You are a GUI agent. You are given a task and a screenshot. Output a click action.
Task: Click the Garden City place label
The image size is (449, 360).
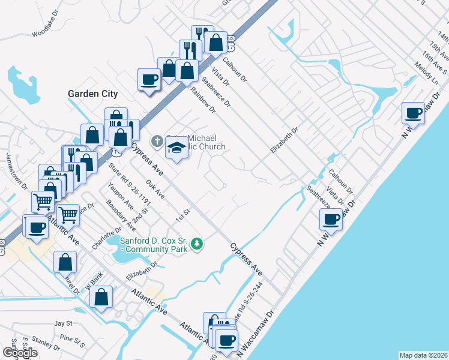click(x=92, y=94)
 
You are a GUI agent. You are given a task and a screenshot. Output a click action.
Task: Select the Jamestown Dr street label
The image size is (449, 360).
click(x=16, y=170)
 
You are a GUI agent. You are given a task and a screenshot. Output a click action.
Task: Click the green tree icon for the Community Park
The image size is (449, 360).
click(x=197, y=244)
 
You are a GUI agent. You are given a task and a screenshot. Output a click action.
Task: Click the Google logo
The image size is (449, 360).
click(x=20, y=353)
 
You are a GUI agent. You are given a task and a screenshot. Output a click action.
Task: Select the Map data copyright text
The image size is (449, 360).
click(x=424, y=355)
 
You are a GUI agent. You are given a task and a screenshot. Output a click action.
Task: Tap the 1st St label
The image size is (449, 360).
click(x=182, y=214)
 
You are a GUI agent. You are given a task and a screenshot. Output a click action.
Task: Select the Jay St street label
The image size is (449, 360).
click(x=63, y=323)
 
